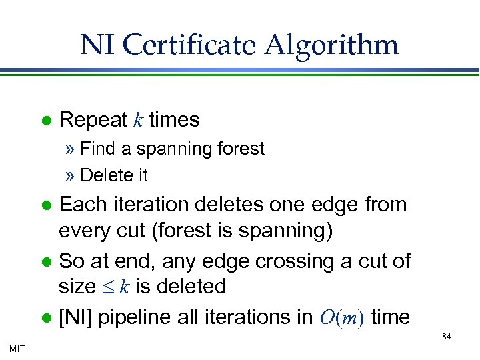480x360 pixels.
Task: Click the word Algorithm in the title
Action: pyautogui.click(x=332, y=45)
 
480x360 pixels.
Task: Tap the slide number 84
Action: pyautogui.click(x=447, y=337)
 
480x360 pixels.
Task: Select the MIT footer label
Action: pyautogui.click(x=17, y=347)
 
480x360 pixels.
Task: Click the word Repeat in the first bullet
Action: pyautogui.click(x=93, y=120)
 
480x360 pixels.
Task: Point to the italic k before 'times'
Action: pyautogui.click(x=138, y=120)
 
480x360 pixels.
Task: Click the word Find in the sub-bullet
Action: pyautogui.click(x=97, y=149)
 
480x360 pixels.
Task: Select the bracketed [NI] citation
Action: pyautogui.click(x=75, y=317)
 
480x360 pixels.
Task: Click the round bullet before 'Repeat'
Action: pyautogui.click(x=46, y=121)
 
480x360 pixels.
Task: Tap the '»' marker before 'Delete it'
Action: pyautogui.click(x=71, y=176)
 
